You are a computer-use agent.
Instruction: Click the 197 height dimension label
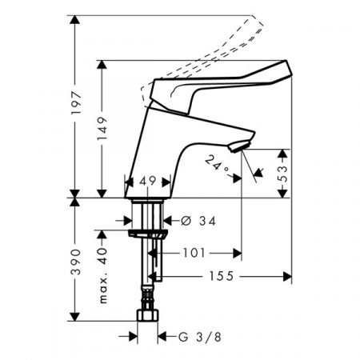click(x=75, y=103)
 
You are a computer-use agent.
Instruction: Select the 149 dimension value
click(x=102, y=129)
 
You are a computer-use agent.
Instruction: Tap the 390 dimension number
click(x=75, y=262)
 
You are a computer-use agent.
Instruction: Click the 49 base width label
click(x=147, y=182)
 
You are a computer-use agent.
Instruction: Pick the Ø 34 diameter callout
click(x=198, y=221)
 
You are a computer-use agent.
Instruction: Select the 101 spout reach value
click(x=194, y=253)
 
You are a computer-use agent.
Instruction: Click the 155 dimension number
click(x=221, y=276)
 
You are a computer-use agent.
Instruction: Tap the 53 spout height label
click(x=283, y=174)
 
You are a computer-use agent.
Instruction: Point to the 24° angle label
click(x=217, y=166)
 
